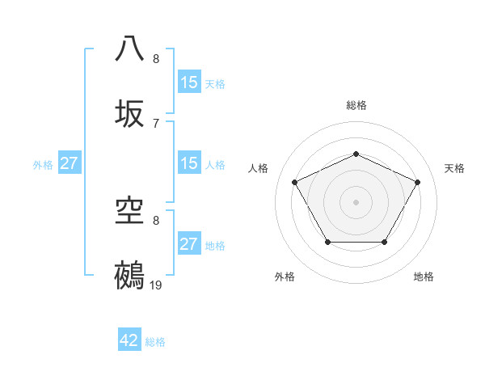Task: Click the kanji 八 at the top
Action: point(130,48)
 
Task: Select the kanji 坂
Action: point(130,113)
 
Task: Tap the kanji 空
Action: point(130,211)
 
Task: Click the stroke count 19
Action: point(156,285)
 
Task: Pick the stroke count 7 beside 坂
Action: point(156,123)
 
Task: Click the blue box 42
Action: point(129,341)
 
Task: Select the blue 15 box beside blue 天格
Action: point(189,82)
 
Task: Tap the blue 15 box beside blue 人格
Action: point(189,164)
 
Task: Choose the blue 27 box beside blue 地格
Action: point(189,244)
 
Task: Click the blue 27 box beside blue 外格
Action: point(70,164)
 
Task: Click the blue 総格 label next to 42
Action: point(155,342)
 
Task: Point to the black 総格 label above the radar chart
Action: point(356,105)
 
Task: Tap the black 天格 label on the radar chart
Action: point(454,168)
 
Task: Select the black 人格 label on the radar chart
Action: point(259,168)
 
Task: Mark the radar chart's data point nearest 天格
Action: point(418,182)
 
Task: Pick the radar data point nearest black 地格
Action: point(384,242)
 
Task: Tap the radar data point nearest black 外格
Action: point(327,242)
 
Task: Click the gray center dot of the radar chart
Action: point(356,201)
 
